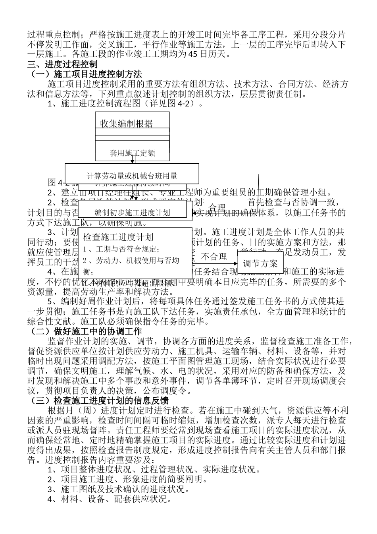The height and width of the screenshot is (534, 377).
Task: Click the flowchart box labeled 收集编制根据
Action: (x=127, y=124)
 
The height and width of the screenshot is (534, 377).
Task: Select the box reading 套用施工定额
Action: (x=132, y=153)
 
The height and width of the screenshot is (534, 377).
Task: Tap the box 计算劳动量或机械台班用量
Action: (x=132, y=175)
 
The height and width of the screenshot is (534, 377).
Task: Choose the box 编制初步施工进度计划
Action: (x=132, y=213)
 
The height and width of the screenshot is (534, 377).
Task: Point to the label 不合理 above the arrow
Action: (x=214, y=257)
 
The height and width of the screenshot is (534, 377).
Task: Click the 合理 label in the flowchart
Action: (x=217, y=207)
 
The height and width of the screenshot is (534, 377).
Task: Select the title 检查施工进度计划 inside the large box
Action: (x=118, y=237)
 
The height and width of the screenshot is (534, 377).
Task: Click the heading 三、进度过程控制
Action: (x=62, y=64)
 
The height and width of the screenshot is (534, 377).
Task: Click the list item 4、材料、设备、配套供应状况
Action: (x=110, y=499)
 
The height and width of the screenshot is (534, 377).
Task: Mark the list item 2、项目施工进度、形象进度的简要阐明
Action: (x=127, y=479)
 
